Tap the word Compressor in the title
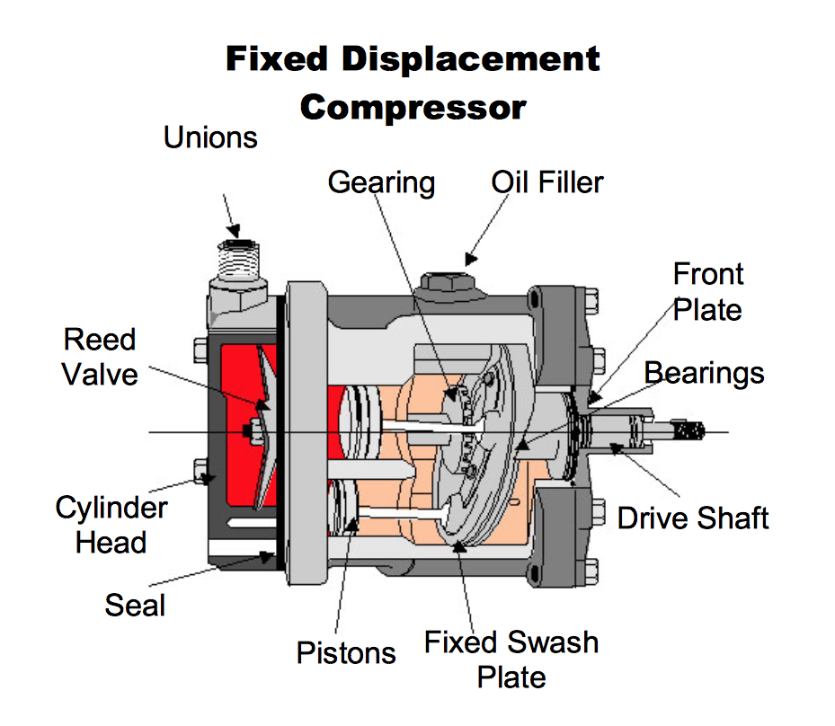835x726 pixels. tap(413, 107)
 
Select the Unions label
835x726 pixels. tap(210, 137)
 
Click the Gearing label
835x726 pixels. tap(381, 182)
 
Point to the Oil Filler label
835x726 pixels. tap(547, 182)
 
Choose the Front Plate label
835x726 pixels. tap(708, 292)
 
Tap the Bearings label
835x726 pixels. tap(705, 372)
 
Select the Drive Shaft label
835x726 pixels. tap(693, 518)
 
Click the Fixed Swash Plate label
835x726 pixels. tap(511, 659)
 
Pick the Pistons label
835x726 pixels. tap(346, 652)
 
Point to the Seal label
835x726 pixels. tap(135, 605)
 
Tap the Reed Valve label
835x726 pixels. tap(100, 357)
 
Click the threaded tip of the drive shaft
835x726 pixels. tap(694, 431)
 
